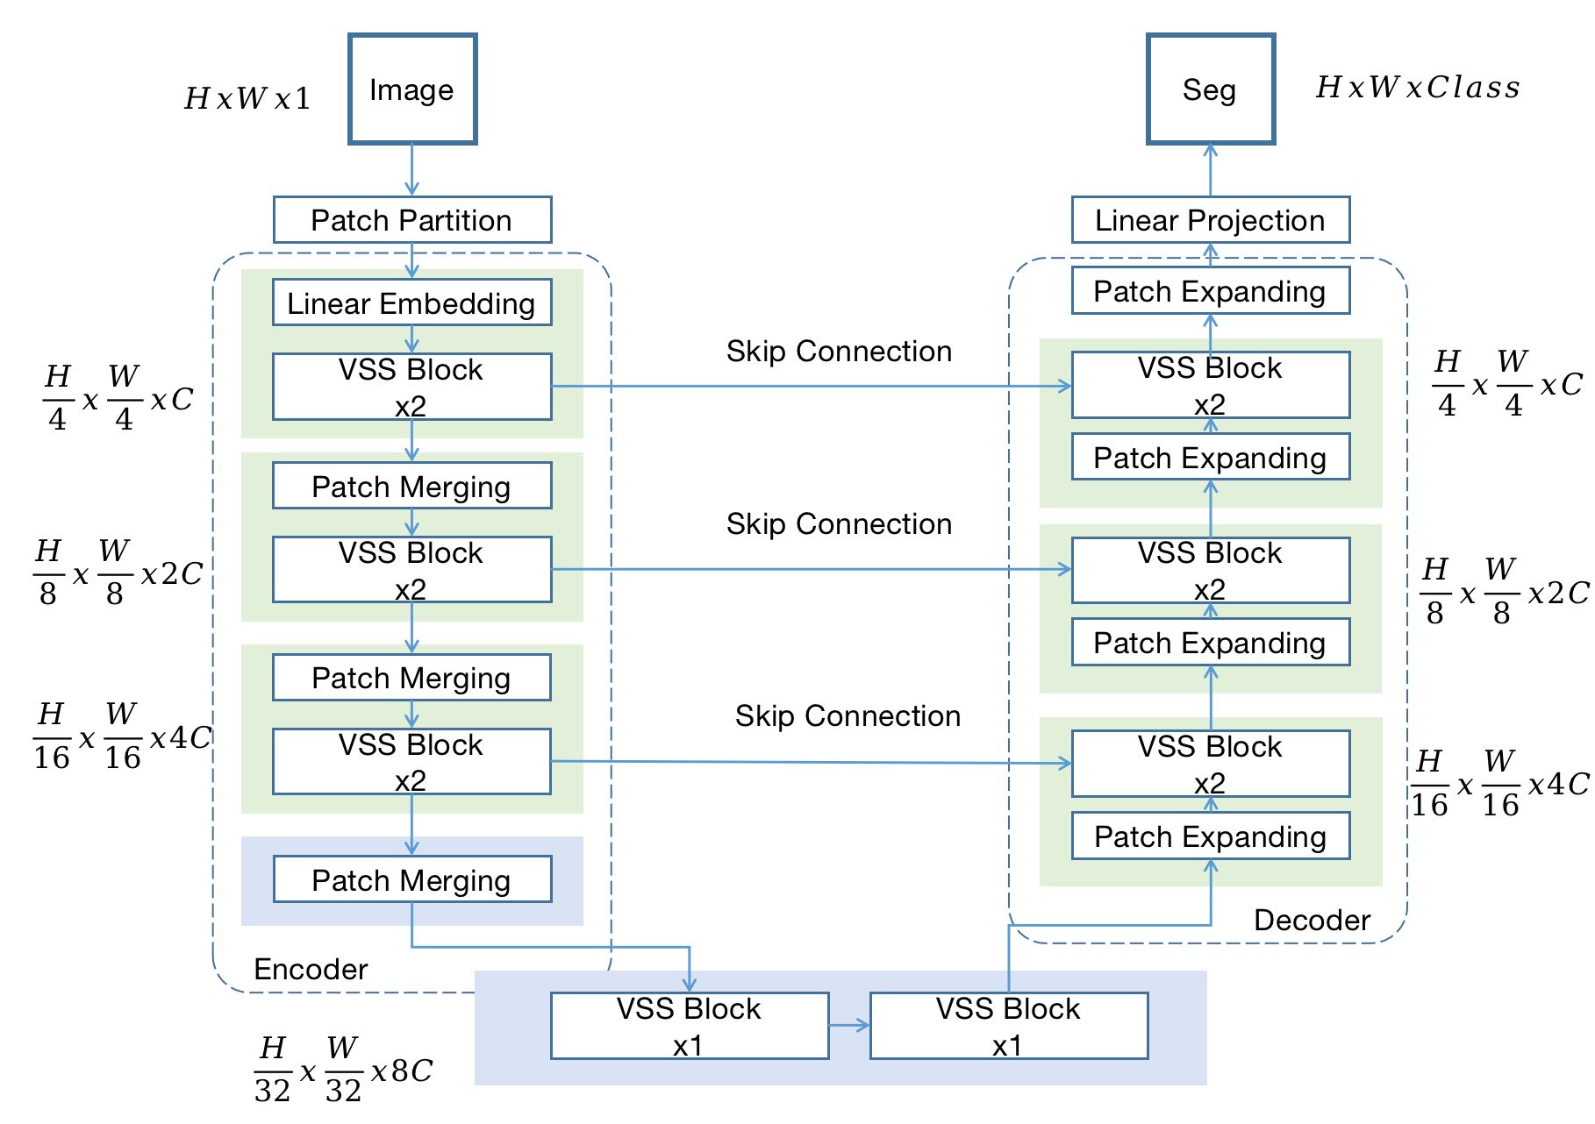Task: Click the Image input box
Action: tap(412, 89)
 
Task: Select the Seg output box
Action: tap(1211, 89)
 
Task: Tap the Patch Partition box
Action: tap(412, 220)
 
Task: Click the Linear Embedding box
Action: tap(412, 302)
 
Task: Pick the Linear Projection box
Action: tap(1211, 220)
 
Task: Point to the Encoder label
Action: tap(311, 969)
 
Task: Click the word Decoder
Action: tap(1312, 920)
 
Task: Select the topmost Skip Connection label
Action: tap(839, 352)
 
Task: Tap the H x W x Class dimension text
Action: tap(1418, 88)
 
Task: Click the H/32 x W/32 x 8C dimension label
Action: tap(343, 1070)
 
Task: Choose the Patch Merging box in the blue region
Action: tap(412, 879)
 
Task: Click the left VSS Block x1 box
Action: tap(690, 1026)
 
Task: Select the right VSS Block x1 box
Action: tap(1009, 1026)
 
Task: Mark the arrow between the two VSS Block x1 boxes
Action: tap(849, 1025)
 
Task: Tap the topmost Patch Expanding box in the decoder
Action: tap(1211, 290)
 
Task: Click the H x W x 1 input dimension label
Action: tap(247, 98)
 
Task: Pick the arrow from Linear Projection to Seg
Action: tap(1211, 170)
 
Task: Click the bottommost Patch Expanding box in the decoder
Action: tap(1211, 836)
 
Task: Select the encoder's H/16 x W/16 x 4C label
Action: tap(123, 736)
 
